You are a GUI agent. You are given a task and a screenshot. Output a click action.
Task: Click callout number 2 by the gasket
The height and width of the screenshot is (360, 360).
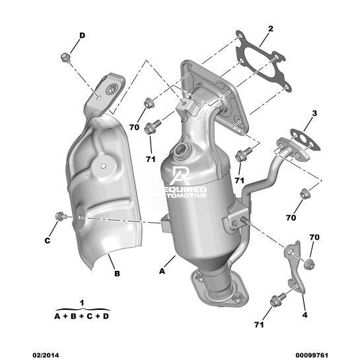click(x=271, y=29)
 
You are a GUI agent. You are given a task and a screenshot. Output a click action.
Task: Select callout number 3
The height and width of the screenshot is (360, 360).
click(x=314, y=113)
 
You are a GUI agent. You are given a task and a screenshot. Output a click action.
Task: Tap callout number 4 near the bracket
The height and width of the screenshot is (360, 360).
click(x=305, y=315)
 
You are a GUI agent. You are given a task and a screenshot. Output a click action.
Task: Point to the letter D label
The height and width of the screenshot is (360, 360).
click(x=82, y=36)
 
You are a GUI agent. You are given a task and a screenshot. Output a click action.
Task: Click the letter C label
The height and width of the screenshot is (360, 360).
click(x=48, y=240)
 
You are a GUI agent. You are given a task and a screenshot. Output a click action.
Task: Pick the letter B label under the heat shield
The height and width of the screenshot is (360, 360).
click(x=117, y=273)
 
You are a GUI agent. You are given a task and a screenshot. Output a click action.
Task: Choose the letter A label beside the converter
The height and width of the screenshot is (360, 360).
click(x=162, y=271)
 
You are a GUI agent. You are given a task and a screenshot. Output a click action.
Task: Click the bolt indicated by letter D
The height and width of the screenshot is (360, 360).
click(x=65, y=57)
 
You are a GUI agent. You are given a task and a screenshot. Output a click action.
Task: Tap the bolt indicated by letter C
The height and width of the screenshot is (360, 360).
click(x=61, y=216)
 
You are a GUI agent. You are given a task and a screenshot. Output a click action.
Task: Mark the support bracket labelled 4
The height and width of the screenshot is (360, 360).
click(x=295, y=268)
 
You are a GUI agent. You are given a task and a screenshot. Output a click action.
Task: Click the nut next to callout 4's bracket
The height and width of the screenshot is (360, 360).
click(x=309, y=264)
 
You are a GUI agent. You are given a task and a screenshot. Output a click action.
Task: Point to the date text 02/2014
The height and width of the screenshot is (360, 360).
click(x=46, y=355)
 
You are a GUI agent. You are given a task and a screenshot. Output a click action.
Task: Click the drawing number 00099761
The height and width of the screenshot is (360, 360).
click(x=312, y=355)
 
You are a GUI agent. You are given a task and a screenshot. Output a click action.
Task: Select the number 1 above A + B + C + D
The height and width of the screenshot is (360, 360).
click(x=82, y=303)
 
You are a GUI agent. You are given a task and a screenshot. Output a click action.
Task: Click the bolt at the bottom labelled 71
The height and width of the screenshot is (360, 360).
click(x=277, y=300)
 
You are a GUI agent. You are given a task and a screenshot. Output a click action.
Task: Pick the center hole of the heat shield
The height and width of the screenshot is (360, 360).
click(x=103, y=166)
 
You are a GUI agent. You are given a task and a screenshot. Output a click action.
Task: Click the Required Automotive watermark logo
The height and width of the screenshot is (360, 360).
click(x=182, y=182)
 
